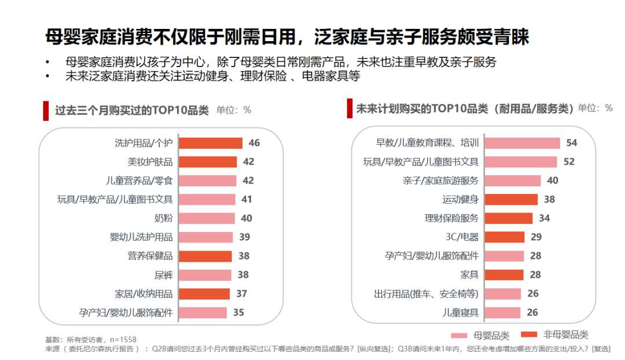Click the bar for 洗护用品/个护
(x=211, y=143)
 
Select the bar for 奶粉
(x=207, y=218)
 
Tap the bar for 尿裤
(x=205, y=275)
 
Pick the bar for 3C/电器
(x=505, y=237)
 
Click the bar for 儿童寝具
(x=502, y=313)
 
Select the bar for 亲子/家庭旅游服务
(x=513, y=181)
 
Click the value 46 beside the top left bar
(x=255, y=143)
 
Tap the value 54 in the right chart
(x=572, y=143)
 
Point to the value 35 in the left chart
(x=238, y=313)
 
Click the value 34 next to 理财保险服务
(x=545, y=218)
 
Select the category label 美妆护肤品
(x=150, y=162)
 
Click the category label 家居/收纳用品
(x=144, y=294)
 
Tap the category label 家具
(x=469, y=275)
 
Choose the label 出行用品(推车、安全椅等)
(x=427, y=294)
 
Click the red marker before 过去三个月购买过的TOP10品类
(x=46, y=111)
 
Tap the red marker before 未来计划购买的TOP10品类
(x=350, y=108)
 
